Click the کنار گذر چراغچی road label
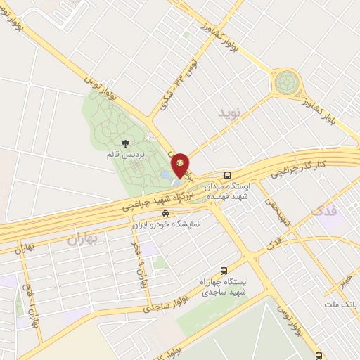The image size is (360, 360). (321, 166)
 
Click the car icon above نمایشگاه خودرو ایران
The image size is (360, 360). (165, 213)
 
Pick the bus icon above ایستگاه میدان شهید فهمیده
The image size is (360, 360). (227, 175)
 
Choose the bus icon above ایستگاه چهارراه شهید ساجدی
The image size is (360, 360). (224, 270)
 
